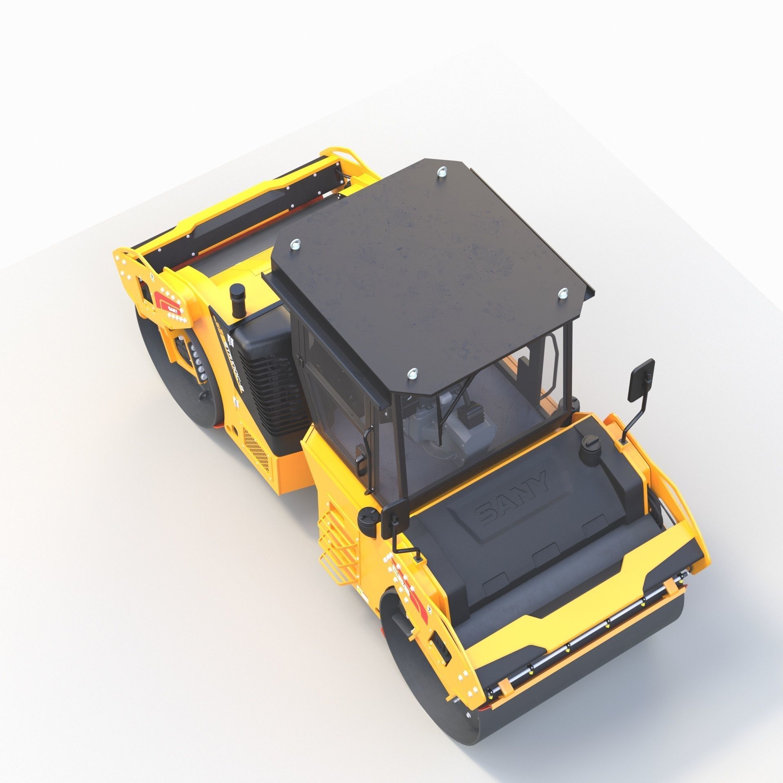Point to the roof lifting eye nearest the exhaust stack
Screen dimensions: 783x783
point(294,244)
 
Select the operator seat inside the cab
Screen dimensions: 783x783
point(469,428)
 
